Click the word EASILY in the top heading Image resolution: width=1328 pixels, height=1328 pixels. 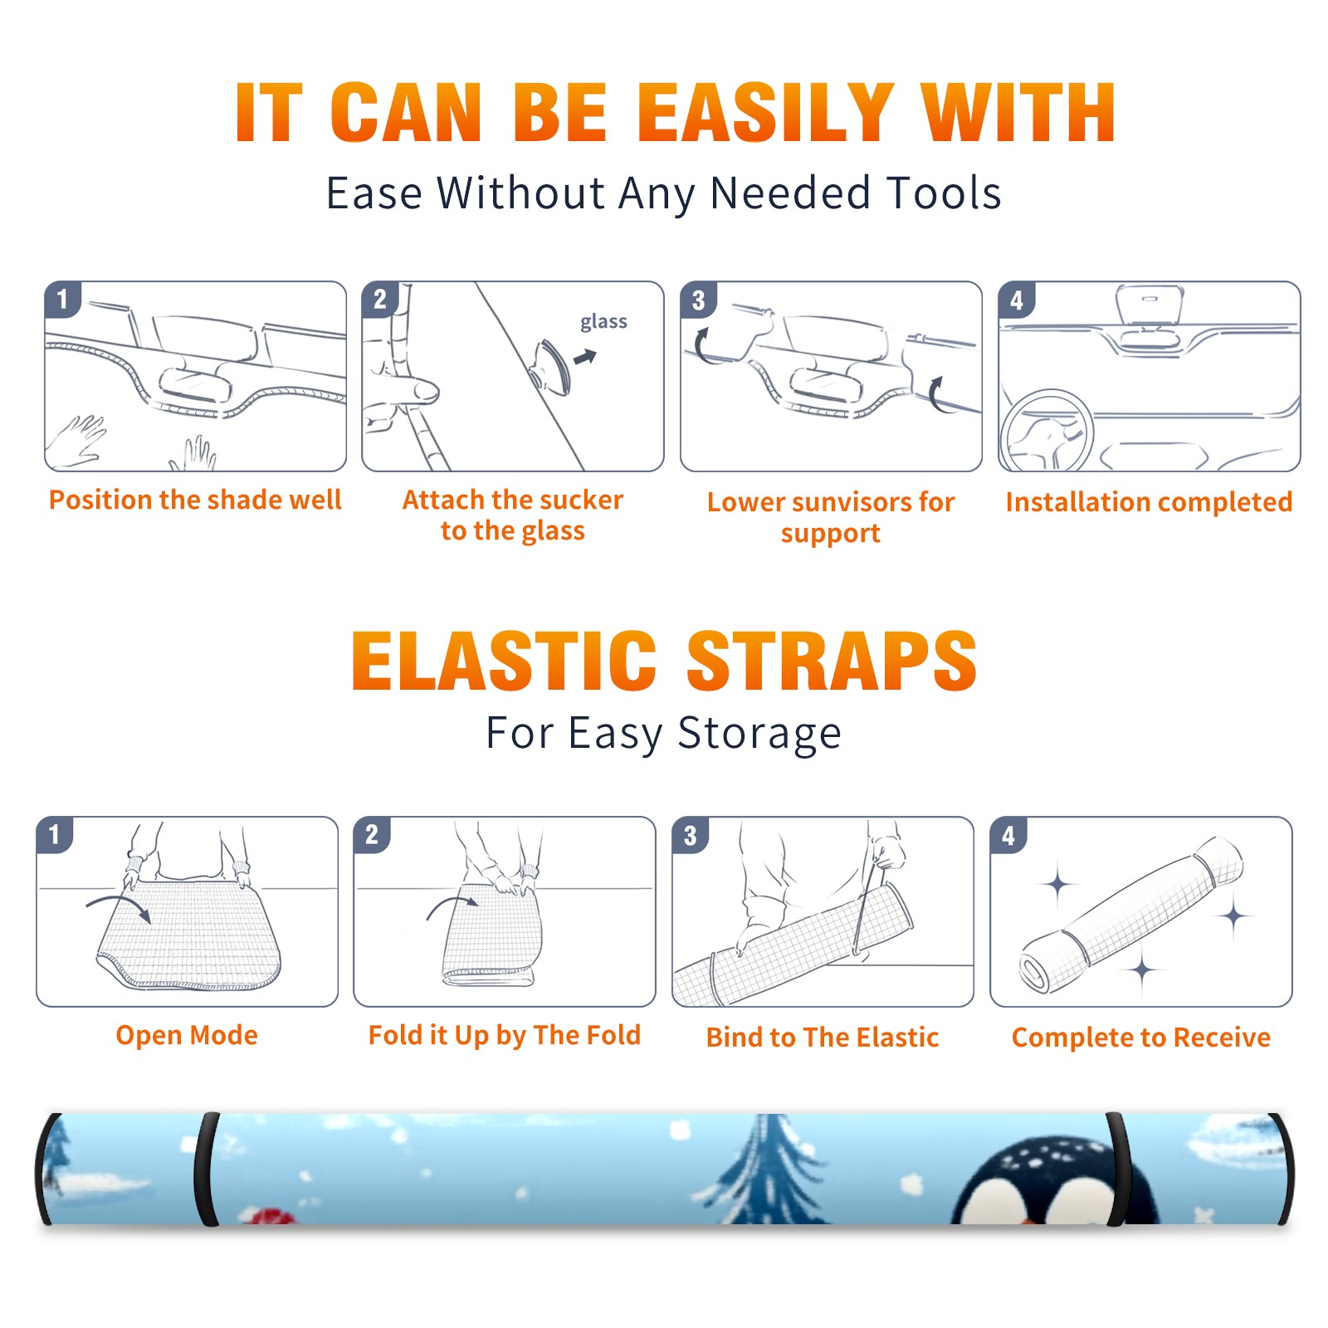[x=766, y=113]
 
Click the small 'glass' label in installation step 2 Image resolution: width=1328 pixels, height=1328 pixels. [x=603, y=322]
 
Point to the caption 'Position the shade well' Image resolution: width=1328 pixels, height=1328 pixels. [x=195, y=500]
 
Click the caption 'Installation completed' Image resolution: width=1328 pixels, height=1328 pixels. [x=1149, y=502]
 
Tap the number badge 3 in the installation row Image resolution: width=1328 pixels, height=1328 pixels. [x=698, y=300]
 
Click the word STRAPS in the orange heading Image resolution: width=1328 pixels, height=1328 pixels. [x=832, y=662]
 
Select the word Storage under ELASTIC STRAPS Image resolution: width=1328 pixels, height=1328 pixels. [x=759, y=734]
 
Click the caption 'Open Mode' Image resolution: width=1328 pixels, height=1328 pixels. [x=187, y=1035]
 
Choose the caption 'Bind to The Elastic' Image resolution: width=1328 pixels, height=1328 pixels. [x=823, y=1037]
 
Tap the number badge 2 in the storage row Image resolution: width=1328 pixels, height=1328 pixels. [x=371, y=835]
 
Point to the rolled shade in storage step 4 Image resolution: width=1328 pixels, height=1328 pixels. [x=1131, y=915]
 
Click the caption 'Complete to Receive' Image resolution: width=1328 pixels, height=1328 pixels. [x=1141, y=1037]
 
